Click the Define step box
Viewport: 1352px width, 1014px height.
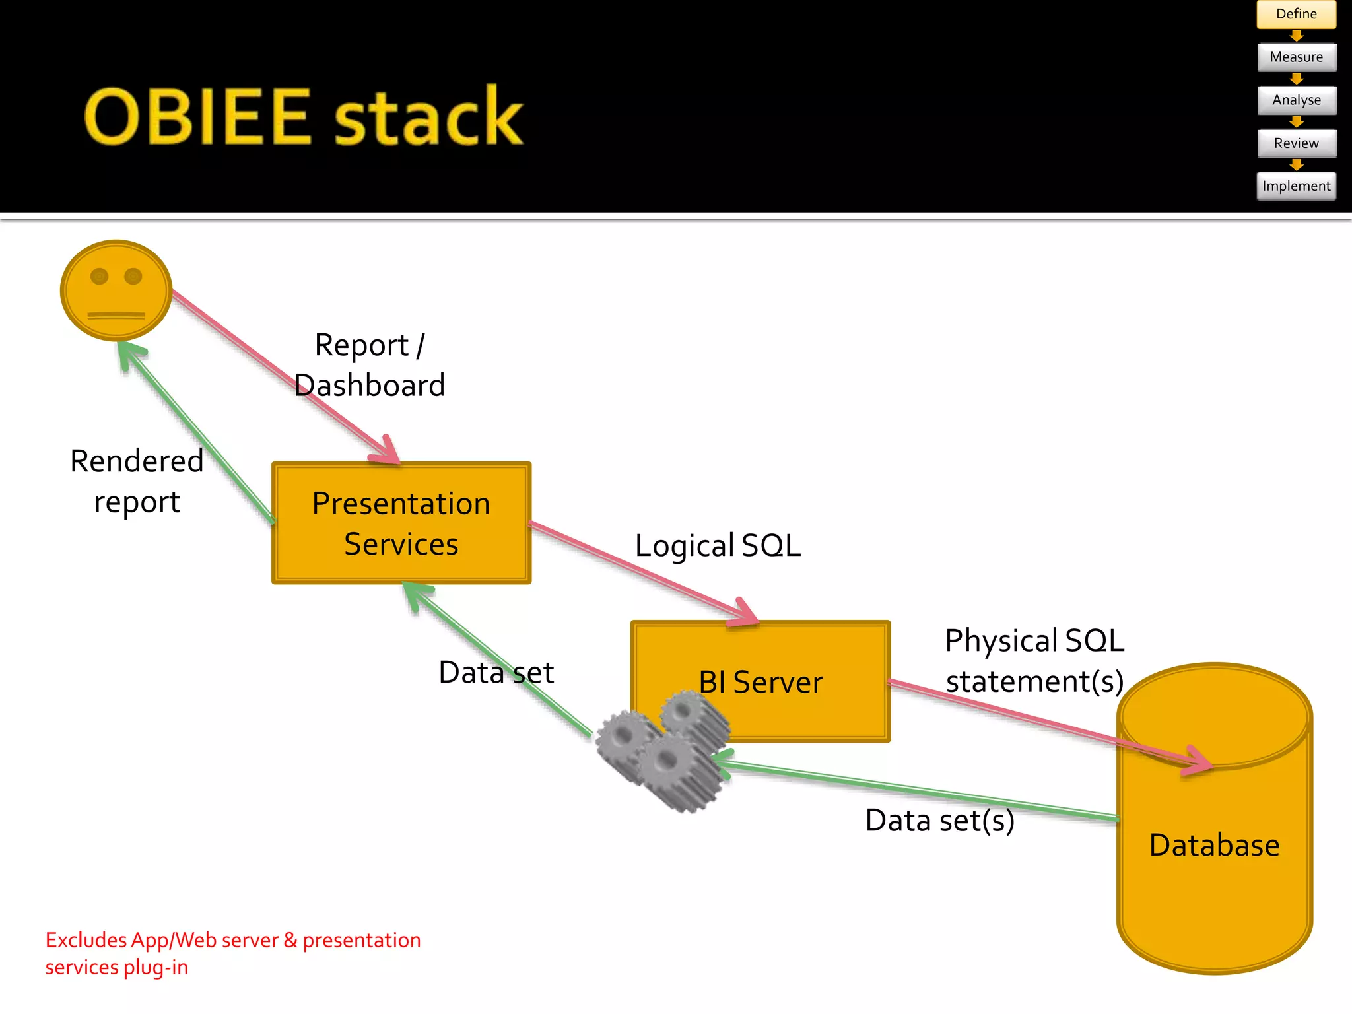tap(1296, 14)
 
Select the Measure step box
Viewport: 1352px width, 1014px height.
tap(1296, 57)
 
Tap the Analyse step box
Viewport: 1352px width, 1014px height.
tap(1296, 100)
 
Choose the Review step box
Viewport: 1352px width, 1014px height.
tap(1296, 143)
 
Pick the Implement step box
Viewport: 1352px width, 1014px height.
tap(1296, 186)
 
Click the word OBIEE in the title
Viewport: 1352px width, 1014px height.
tap(197, 118)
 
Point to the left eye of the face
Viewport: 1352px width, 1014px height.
tap(100, 276)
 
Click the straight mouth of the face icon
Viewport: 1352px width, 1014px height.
tap(116, 315)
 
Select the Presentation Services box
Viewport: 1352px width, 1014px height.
tap(401, 523)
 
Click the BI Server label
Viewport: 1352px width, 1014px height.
tap(760, 682)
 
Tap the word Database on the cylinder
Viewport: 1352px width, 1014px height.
tap(1214, 845)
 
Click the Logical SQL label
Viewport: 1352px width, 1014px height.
tap(718, 546)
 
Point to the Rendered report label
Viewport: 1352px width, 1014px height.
tap(137, 481)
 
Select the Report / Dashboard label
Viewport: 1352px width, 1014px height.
tap(370, 365)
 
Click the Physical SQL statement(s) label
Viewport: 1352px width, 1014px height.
tap(1034, 661)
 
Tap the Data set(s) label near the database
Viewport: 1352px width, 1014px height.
tap(939, 821)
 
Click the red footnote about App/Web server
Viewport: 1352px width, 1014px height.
tap(232, 953)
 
